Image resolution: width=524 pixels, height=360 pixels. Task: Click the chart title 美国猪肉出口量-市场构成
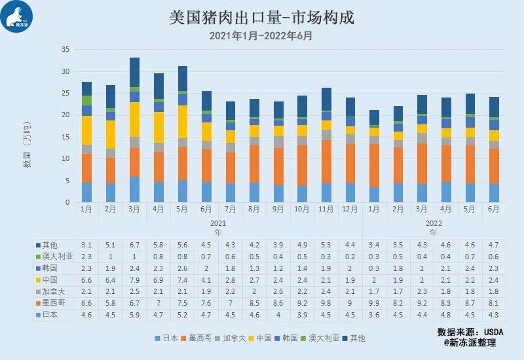coord(261,18)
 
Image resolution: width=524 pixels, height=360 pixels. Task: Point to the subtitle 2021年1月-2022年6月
coord(261,36)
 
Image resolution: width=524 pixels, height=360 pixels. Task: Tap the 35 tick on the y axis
coord(65,50)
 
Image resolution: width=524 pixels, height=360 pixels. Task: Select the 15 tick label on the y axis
coord(65,137)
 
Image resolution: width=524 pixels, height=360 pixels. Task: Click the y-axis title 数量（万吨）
coord(27,144)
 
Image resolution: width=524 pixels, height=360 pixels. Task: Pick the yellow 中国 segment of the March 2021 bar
coord(134,120)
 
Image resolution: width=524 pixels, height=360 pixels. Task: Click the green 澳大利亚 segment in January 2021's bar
coord(86,101)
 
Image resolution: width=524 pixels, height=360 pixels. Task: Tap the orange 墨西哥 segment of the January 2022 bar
coord(374,166)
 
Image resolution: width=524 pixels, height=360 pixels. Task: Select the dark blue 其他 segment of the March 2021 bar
coord(134,73)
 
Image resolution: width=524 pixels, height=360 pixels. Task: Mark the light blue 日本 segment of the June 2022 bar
coord(494,193)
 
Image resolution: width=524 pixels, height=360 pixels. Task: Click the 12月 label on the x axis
coord(350,209)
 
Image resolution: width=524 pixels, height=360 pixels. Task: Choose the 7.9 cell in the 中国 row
coord(134,280)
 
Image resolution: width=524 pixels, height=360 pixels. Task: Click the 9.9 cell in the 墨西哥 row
coord(374,303)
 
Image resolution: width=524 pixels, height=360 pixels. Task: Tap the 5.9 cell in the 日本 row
coord(134,315)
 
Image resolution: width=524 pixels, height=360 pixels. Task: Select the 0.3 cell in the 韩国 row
coord(374,268)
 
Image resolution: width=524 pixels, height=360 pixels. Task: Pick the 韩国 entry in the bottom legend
coord(286,338)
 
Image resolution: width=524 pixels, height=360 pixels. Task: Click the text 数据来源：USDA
coord(470,332)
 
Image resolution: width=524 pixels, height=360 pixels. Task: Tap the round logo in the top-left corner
coord(17,17)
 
